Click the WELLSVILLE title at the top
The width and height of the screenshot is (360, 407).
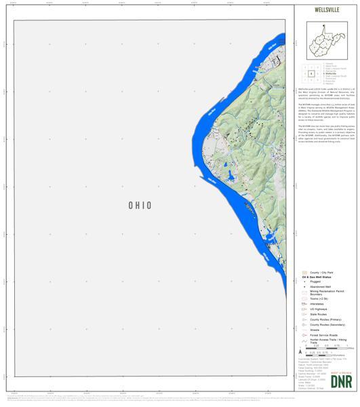click(x=327, y=10)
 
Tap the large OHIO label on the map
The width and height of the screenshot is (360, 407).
click(x=140, y=206)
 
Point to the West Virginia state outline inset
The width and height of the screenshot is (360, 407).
click(x=327, y=41)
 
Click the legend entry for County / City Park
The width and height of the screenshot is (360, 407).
click(x=321, y=273)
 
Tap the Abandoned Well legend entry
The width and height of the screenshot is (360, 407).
click(x=319, y=288)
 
